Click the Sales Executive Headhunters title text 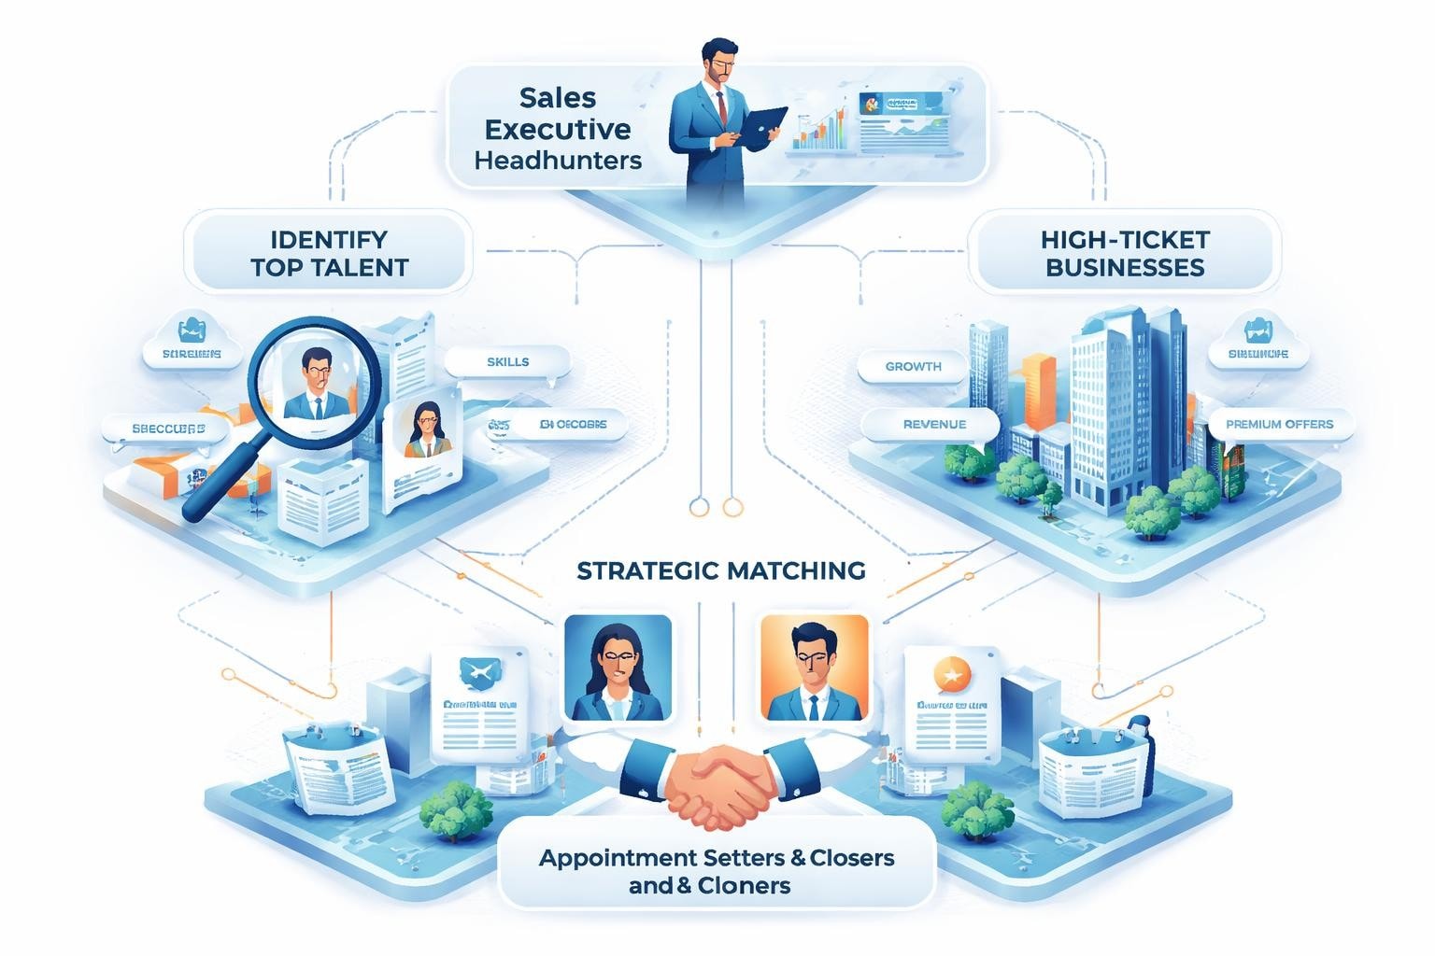coord(558,128)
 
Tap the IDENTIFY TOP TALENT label coord(329,253)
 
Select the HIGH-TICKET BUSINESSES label coord(1124,253)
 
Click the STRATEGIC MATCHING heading coord(720,569)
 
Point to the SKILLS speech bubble coord(507,362)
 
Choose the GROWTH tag coord(913,367)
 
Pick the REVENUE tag coord(933,424)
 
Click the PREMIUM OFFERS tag coord(1278,424)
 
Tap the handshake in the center coord(719,782)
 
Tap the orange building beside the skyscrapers coord(1038,388)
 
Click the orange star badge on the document coord(951,673)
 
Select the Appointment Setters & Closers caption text coord(717,858)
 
